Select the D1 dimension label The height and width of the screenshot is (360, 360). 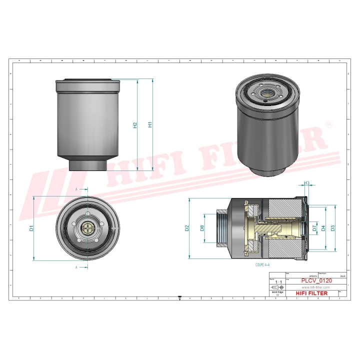click(31, 228)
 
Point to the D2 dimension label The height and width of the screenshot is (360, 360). click(187, 228)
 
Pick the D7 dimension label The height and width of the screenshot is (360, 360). click(314, 228)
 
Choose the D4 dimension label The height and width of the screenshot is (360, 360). click(323, 228)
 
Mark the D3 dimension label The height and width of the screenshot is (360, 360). click(333, 228)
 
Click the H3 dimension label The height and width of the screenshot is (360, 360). click(307, 183)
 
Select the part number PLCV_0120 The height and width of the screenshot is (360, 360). click(313, 281)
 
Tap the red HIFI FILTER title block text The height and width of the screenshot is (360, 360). click(313, 293)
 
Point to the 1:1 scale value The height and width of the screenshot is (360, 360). click(276, 282)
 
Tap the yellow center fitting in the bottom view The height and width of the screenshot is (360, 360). click(88, 228)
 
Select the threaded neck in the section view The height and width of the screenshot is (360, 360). click(222, 228)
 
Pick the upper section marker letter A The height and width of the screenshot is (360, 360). click(76, 189)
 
